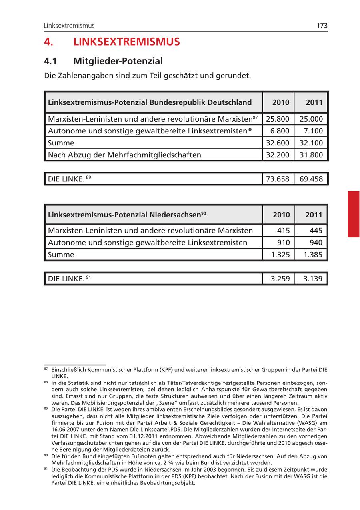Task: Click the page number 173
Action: tap(322, 26)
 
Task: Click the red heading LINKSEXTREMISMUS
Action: tap(126, 42)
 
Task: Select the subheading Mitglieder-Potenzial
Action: tap(118, 61)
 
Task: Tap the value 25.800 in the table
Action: tap(278, 119)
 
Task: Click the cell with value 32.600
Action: tap(278, 143)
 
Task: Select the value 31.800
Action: tap(311, 155)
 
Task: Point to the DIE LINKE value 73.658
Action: tap(278, 179)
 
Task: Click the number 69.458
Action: tap(311, 179)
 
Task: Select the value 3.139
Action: tap(313, 279)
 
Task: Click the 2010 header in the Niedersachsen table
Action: tap(281, 215)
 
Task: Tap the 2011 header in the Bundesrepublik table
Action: tap(314, 102)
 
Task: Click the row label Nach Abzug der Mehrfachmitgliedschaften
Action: tap(124, 155)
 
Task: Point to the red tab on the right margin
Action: tap(354, 214)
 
